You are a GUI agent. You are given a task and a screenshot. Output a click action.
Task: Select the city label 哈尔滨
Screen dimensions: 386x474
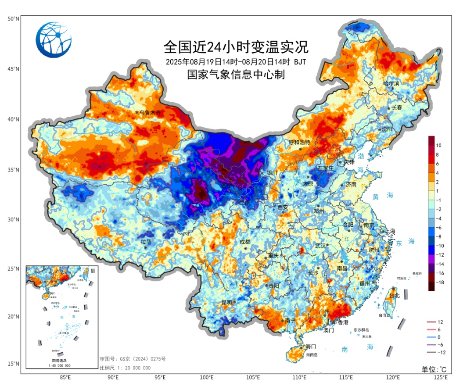point(391,83)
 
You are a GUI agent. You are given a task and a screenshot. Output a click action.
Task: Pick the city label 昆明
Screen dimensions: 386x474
point(227,302)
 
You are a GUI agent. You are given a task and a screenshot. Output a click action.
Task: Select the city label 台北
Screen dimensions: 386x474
point(395,296)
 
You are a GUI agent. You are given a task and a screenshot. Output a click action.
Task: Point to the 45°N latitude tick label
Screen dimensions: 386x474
point(13,69)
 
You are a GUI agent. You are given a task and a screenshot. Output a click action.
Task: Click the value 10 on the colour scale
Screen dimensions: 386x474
point(439,145)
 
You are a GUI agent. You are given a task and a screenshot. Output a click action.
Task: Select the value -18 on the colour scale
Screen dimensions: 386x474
point(440,282)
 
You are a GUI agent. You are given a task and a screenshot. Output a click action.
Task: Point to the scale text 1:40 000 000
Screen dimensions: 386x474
point(61,365)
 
